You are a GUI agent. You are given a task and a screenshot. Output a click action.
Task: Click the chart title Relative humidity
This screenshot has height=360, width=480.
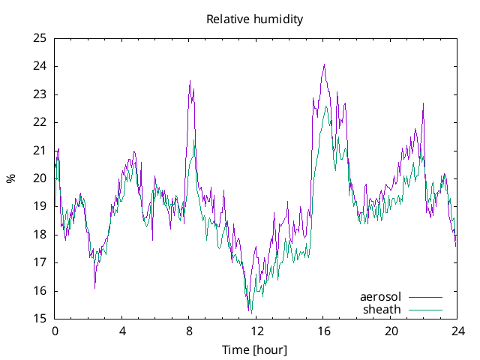pyautogui.click(x=255, y=19)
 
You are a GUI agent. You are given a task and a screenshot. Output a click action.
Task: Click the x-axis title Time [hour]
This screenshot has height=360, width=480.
pyautogui.click(x=254, y=349)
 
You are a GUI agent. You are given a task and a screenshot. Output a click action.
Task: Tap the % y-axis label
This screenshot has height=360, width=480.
pyautogui.click(x=10, y=178)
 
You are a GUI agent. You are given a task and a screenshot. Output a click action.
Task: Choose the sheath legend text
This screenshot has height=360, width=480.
pyautogui.click(x=382, y=309)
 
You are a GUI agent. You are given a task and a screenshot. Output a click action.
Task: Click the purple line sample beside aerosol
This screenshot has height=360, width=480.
pyautogui.click(x=425, y=297)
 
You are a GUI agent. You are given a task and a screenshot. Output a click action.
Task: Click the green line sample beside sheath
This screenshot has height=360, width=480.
pyautogui.click(x=425, y=309)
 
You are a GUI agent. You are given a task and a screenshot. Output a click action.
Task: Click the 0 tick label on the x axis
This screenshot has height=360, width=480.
pyautogui.click(x=55, y=331)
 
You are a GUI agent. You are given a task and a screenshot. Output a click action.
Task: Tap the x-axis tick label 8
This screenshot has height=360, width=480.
pyautogui.click(x=189, y=331)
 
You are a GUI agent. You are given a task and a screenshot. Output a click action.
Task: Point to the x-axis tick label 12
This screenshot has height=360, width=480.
pyautogui.click(x=256, y=331)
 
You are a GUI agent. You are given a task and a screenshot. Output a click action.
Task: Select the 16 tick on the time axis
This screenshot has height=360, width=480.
pyautogui.click(x=323, y=331)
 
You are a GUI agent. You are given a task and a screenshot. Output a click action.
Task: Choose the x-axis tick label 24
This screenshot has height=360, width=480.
pyautogui.click(x=457, y=331)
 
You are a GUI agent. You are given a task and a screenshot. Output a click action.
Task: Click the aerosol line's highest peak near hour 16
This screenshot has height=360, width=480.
pyautogui.click(x=324, y=64)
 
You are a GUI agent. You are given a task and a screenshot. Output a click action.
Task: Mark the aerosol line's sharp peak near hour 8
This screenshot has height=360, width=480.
pyautogui.click(x=190, y=81)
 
